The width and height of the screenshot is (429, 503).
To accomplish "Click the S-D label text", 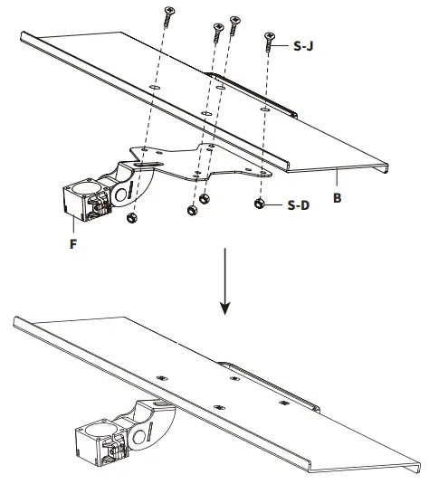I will pyautogui.click(x=300, y=204).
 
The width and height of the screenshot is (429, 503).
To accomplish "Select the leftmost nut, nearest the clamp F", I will pyautogui.click(x=133, y=217).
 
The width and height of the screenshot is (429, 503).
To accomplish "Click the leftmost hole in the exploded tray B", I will pyautogui.click(x=157, y=88).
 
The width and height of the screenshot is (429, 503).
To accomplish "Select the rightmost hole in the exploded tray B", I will pyautogui.click(x=262, y=109).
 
